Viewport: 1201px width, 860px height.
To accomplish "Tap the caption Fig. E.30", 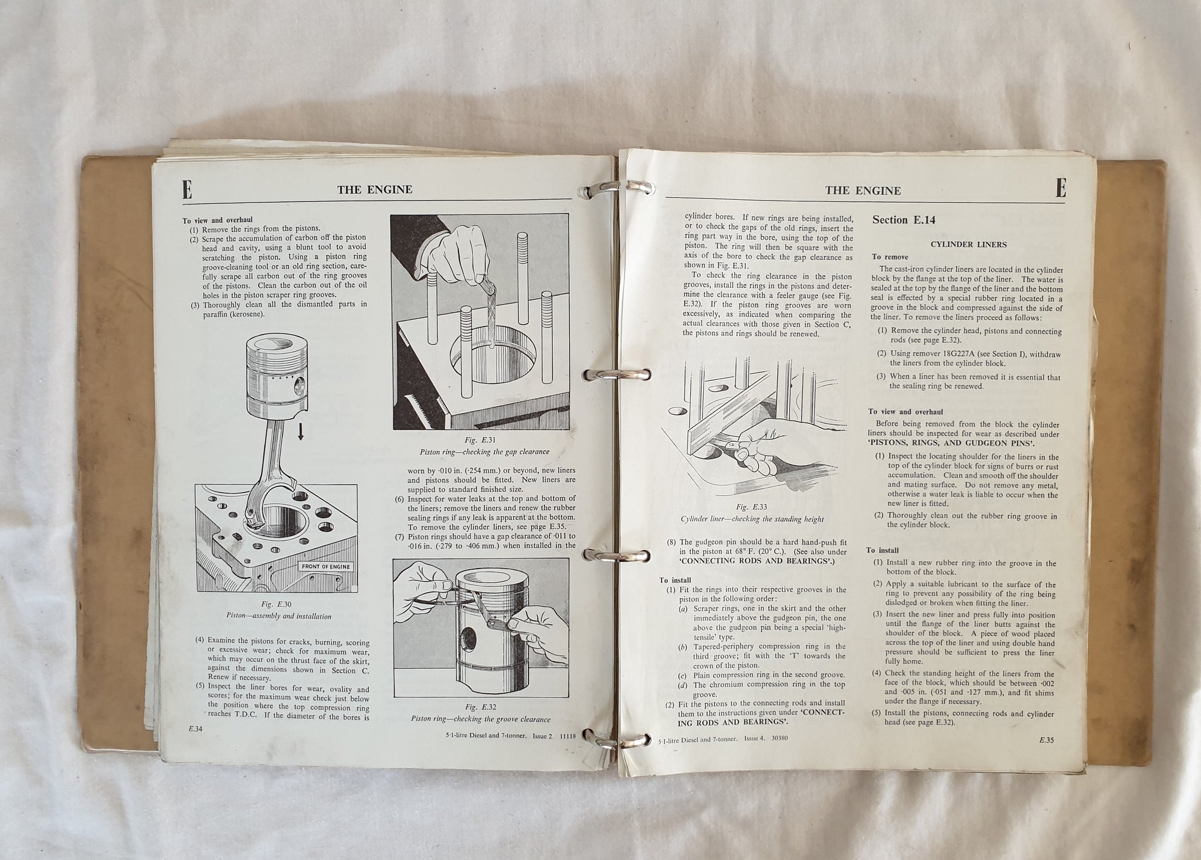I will pyautogui.click(x=279, y=604).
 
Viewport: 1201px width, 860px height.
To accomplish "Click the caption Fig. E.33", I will pyautogui.click(x=752, y=507).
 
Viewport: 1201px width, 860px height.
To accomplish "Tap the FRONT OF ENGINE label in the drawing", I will pyautogui.click(x=325, y=566).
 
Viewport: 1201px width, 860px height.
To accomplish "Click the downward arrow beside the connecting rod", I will pyautogui.click(x=301, y=432).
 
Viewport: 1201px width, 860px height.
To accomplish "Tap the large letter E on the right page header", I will pyautogui.click(x=1060, y=189).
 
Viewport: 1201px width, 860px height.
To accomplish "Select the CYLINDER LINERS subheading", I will pyautogui.click(x=968, y=244).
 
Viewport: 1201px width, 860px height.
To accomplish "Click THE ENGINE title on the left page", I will pyautogui.click(x=375, y=189).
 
